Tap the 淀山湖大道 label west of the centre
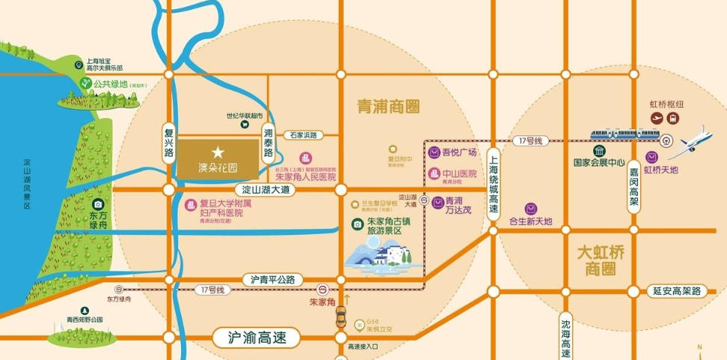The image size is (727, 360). [266, 190]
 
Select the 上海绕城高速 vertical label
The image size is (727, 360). [494, 183]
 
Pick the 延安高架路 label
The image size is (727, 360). [675, 290]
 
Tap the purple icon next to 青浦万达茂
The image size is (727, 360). [436, 202]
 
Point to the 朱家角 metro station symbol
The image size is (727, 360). [322, 289]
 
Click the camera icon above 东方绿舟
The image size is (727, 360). [98, 204]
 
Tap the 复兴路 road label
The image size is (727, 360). [169, 142]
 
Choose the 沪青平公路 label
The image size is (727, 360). [269, 279]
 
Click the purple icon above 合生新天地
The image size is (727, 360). [530, 208]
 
